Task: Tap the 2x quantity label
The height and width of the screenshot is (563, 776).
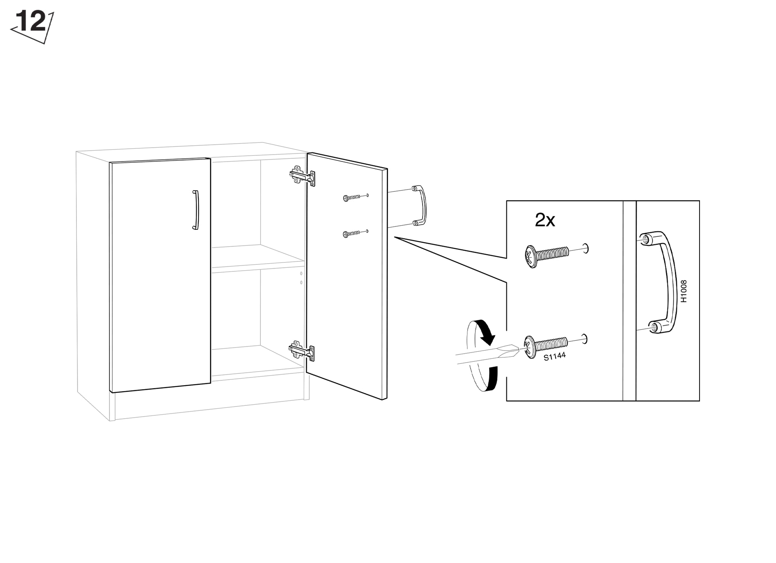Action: [545, 220]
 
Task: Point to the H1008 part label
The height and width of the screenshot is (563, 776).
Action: [684, 291]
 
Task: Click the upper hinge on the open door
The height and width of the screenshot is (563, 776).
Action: [302, 177]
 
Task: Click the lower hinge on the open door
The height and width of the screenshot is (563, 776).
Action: [302, 351]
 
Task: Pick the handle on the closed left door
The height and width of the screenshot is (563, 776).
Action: [196, 210]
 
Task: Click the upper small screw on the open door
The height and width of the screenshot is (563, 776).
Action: [352, 198]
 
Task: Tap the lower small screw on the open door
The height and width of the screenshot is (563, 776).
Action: [352, 234]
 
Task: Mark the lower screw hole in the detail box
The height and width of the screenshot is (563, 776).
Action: [584, 339]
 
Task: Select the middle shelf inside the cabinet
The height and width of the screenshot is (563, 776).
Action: [257, 258]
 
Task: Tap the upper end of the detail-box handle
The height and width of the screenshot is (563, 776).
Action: [646, 239]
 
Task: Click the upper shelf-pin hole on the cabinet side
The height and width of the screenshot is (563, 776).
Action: [301, 273]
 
